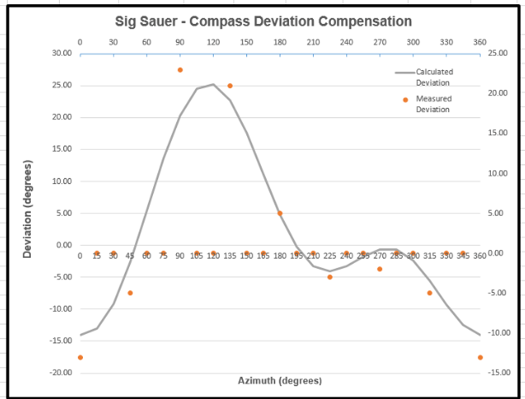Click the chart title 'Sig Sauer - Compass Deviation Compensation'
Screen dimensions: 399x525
263,22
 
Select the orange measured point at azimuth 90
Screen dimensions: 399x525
180,70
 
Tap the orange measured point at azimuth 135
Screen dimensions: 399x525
230,86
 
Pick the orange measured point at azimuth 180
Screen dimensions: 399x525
280,213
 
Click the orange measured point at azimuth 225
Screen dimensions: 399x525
330,277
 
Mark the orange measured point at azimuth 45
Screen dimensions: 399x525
130,293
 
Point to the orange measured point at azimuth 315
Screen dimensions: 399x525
430,293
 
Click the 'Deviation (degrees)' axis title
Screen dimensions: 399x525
27,209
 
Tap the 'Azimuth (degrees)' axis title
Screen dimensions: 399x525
279,380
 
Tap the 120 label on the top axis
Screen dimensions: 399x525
214,43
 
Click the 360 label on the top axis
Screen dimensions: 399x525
480,43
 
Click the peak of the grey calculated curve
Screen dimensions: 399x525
214,84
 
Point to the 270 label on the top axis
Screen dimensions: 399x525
379,43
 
